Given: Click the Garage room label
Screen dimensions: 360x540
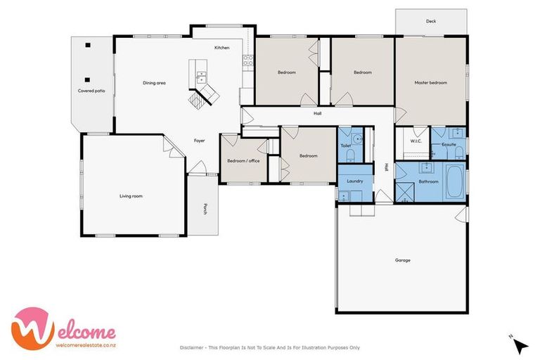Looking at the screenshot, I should click(402, 260).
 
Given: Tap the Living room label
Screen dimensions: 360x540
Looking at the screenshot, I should click(131, 196).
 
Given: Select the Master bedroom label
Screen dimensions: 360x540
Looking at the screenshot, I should click(430, 83).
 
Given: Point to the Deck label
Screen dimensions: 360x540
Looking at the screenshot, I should click(431, 21).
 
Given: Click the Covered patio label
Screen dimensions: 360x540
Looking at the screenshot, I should click(91, 91).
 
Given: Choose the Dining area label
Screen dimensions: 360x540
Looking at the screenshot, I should click(154, 83).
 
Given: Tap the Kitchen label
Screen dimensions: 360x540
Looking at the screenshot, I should click(221, 47).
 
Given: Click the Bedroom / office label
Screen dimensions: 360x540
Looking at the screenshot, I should click(243, 161).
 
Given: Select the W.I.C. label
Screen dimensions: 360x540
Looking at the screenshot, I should click(416, 141).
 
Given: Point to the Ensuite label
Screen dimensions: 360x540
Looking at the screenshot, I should click(448, 144).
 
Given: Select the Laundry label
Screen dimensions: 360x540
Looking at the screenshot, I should click(355, 181).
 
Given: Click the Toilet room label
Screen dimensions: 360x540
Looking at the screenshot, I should click(345, 146).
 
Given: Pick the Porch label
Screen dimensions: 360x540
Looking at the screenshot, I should click(205, 208).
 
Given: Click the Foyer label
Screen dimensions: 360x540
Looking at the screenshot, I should click(200, 141).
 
